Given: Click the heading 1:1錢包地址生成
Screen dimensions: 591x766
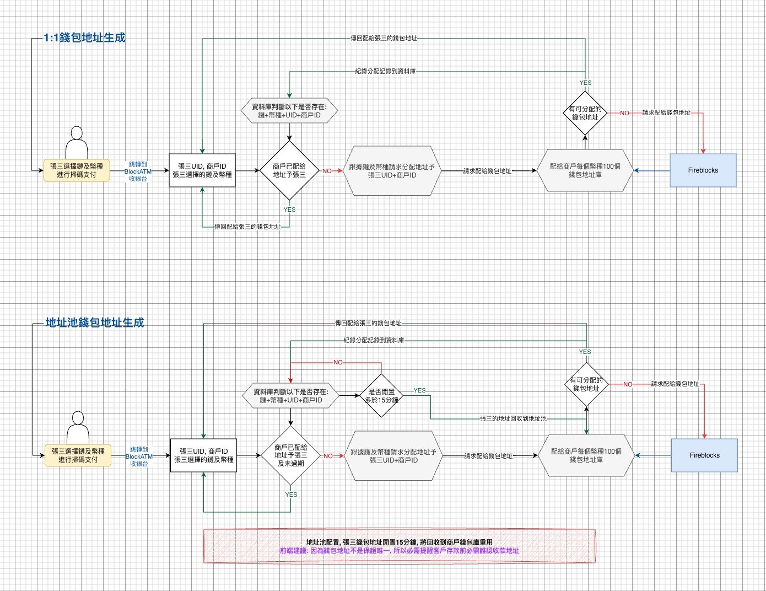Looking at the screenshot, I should pos(84,37).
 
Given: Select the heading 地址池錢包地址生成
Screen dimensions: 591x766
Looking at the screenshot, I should pos(94,323).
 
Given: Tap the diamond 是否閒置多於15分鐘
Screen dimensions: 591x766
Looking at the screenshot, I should pos(382,396).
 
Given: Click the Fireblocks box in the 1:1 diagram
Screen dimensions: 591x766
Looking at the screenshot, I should pos(703,170).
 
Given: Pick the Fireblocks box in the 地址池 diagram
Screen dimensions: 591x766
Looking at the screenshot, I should pos(704,455).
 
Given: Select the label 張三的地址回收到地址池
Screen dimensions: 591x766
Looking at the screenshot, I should pos(513,419).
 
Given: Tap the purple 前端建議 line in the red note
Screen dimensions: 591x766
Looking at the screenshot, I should pos(399,550).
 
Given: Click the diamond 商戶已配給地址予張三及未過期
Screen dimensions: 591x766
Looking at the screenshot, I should pos(291,456).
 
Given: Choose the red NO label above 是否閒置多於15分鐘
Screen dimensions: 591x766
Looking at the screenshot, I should pos(338,362).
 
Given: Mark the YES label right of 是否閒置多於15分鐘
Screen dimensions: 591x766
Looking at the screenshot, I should pos(419,390).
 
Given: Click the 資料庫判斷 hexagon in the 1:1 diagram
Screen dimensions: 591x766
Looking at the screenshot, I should pos(289,111).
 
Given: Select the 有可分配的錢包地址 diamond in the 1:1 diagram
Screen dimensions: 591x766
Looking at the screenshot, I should pos(585,113).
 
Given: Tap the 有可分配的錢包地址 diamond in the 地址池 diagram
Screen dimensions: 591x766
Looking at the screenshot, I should pos(586,384).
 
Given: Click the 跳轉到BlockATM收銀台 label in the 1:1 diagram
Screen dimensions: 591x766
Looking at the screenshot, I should pos(138,171).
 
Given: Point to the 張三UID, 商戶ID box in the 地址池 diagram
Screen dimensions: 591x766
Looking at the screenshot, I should pos(204,455).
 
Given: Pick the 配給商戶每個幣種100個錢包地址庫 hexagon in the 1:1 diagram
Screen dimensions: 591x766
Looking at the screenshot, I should pos(585,170).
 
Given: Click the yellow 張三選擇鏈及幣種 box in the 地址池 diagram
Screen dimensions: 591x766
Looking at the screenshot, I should pos(78,455).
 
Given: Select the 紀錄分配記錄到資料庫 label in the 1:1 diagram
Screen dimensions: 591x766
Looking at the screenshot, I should pos(385,71).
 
